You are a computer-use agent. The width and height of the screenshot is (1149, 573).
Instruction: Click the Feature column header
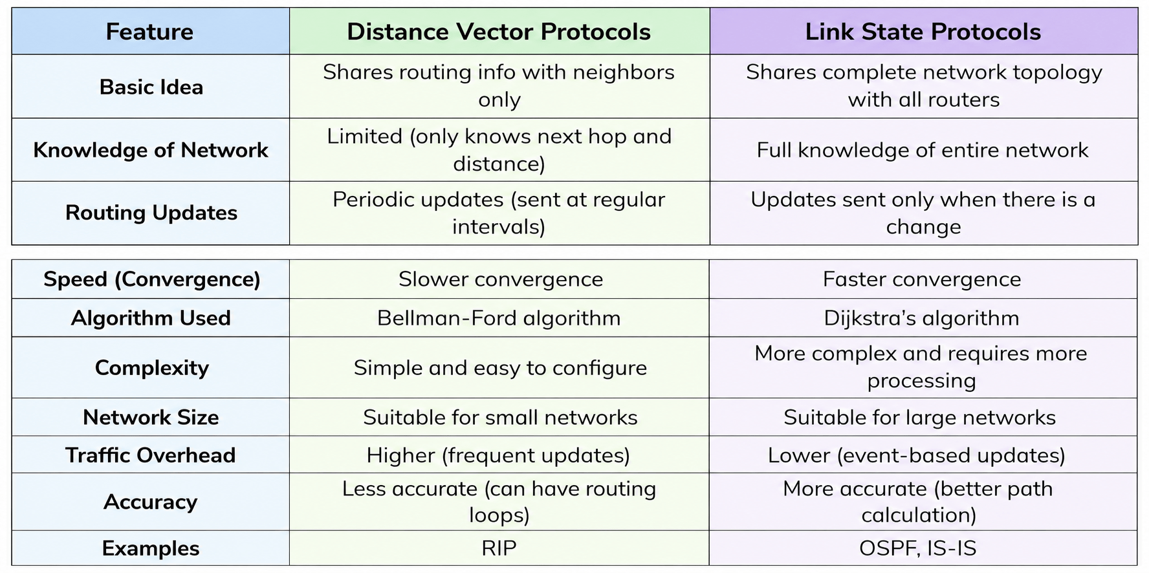[x=149, y=32]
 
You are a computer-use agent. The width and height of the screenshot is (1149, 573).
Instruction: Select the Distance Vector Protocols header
[x=499, y=32]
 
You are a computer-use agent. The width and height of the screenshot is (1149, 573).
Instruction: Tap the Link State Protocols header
[x=923, y=32]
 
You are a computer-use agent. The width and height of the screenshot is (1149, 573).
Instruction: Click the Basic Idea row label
[x=151, y=87]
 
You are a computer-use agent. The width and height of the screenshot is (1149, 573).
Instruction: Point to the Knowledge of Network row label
[x=151, y=150]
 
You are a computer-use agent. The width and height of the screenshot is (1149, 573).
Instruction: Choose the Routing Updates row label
[x=151, y=213]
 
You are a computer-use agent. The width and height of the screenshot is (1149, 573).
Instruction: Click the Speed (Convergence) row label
[x=152, y=279]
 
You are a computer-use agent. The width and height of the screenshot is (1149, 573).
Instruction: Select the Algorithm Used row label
[x=151, y=318]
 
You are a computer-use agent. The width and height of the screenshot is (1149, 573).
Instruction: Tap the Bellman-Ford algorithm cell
[x=499, y=318]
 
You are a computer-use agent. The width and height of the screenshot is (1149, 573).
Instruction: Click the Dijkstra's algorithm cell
[x=922, y=318]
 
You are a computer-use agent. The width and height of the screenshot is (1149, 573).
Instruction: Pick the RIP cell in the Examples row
[x=499, y=548]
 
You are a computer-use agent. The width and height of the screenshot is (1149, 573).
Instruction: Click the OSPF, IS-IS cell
[x=918, y=548]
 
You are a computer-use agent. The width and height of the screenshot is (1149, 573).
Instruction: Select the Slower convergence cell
[x=501, y=279]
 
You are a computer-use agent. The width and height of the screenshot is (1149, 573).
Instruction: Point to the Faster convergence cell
[x=922, y=279]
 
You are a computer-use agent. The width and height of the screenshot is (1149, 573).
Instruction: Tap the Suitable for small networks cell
[x=500, y=418]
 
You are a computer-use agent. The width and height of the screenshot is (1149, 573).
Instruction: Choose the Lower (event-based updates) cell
[x=917, y=455]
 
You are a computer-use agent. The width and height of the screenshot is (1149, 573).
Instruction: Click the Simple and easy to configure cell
[x=500, y=368]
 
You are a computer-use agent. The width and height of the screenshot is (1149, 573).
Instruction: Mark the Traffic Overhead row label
[x=151, y=455]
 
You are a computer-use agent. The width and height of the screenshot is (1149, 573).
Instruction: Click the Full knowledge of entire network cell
[x=923, y=151]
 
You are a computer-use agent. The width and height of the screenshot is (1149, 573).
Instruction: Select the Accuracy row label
[x=151, y=503]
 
